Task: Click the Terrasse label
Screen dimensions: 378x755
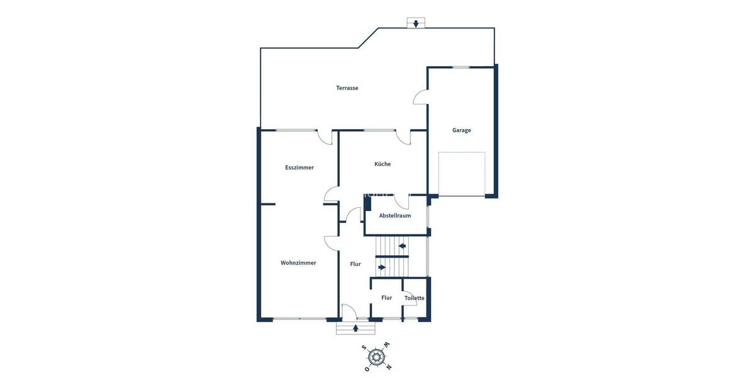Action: [347, 88]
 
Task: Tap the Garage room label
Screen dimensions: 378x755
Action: [461, 130]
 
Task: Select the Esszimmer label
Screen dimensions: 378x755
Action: [299, 168]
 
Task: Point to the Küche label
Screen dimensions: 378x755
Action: [383, 164]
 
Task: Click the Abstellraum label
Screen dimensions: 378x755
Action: [394, 215]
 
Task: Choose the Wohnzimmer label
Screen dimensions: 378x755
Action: [298, 263]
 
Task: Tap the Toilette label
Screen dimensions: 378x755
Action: [414, 298]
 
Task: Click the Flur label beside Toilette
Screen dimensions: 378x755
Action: [386, 298]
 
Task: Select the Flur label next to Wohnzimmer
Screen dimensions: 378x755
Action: [355, 264]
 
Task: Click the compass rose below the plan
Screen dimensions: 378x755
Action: [377, 357]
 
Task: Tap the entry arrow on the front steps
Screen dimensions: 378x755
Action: [356, 328]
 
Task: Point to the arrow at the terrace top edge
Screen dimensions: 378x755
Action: [415, 24]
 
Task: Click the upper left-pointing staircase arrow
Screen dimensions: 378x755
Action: [401, 246]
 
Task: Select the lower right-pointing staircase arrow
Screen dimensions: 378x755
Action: [382, 267]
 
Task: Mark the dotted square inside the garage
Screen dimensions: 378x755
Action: [462, 174]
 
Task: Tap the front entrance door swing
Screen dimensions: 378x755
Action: [349, 311]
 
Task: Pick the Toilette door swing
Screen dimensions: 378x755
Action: [410, 301]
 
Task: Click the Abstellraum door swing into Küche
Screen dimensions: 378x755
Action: [403, 201]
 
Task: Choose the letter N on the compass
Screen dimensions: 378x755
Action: [388, 367]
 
